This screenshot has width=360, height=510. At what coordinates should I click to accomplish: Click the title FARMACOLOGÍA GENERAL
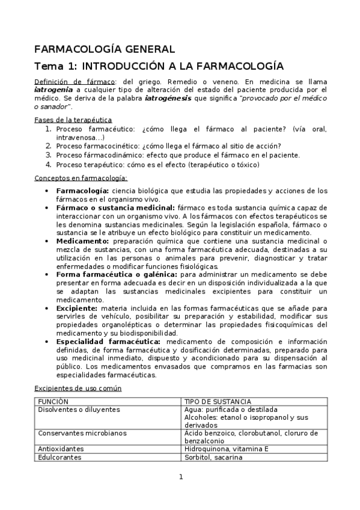click(x=104, y=49)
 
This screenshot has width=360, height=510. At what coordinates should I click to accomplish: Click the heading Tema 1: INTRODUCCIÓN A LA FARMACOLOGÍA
click(x=159, y=66)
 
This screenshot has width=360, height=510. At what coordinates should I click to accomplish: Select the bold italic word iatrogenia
click(x=52, y=89)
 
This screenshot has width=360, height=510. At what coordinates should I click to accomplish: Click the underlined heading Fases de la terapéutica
click(x=73, y=120)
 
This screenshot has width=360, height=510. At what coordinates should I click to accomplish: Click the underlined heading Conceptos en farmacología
click(x=81, y=178)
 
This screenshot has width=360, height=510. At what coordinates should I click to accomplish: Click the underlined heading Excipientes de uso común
click(x=78, y=388)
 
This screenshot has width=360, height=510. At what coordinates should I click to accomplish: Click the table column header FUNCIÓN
click(x=53, y=401)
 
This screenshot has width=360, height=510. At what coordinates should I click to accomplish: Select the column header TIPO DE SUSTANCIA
click(x=218, y=401)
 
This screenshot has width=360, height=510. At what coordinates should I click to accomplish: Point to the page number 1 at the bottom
click(x=180, y=477)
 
